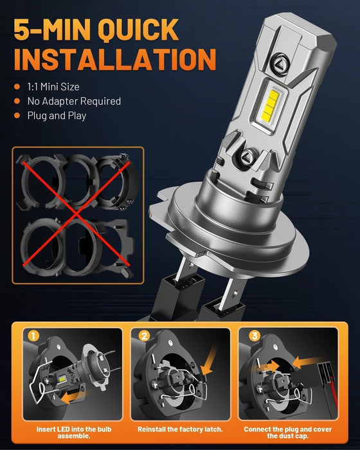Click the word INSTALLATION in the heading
coord(114,57)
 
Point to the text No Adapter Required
coord(73,101)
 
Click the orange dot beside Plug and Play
coord(18,116)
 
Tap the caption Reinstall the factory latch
coord(180,428)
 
